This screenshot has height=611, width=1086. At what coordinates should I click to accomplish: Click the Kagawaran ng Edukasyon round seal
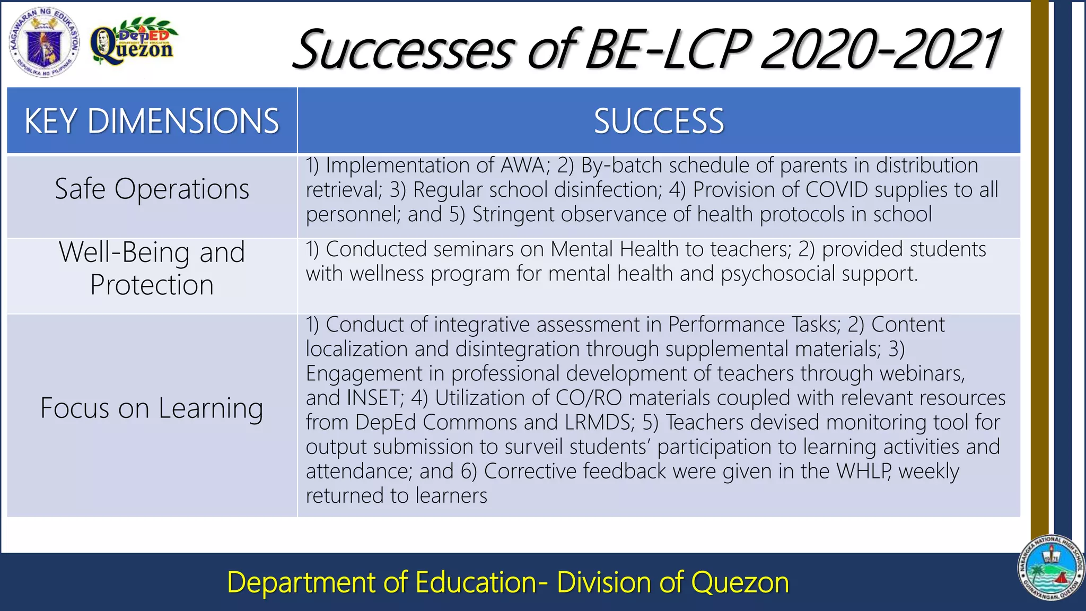(x=44, y=43)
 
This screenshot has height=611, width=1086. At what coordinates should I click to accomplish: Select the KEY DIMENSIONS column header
(x=152, y=121)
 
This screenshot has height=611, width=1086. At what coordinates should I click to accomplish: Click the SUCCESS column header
(x=659, y=121)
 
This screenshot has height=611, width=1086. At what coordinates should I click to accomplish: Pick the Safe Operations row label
(x=152, y=189)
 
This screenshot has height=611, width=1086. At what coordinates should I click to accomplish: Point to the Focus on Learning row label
(x=152, y=408)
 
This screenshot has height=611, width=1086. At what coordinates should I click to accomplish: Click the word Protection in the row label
(x=152, y=285)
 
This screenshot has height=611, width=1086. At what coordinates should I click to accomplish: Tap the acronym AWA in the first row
(x=523, y=165)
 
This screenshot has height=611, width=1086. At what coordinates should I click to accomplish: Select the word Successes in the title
(x=403, y=50)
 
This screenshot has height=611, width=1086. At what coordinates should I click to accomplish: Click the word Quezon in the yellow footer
(x=740, y=582)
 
